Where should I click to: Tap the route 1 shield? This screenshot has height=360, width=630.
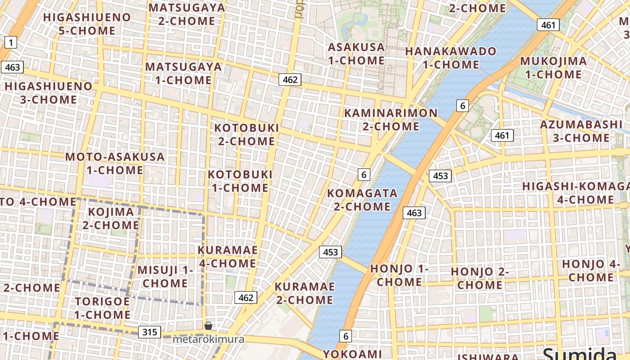pyautogui.click(x=11, y=43)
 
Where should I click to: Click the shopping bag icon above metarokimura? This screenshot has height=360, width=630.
pyautogui.click(x=208, y=325)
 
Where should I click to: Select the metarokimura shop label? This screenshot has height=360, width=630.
pyautogui.click(x=208, y=339)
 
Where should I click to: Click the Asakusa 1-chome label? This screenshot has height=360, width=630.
pyautogui.click(x=356, y=54)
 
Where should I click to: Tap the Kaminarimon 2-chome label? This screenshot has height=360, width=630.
pyautogui.click(x=391, y=120)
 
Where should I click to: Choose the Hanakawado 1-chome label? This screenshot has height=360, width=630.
pyautogui.click(x=450, y=58)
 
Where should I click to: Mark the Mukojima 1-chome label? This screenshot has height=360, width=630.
pyautogui.click(x=553, y=67)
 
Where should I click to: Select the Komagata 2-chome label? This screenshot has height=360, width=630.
pyautogui.click(x=362, y=200)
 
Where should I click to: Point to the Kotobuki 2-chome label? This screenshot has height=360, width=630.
pyautogui.click(x=246, y=134)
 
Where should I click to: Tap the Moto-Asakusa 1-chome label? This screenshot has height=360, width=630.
pyautogui.click(x=115, y=163)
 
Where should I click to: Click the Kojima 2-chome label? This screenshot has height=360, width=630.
pyautogui.click(x=111, y=218)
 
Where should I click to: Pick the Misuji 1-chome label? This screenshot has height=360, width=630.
pyautogui.click(x=165, y=276)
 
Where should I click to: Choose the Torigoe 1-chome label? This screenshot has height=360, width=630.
pyautogui.click(x=102, y=308)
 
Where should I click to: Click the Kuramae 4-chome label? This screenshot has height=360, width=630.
pyautogui.click(x=227, y=256)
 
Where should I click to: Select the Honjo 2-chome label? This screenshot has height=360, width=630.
pyautogui.click(x=480, y=278)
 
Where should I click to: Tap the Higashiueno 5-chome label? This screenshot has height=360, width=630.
pyautogui.click(x=87, y=24)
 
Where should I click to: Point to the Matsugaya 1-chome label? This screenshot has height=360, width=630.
pyautogui.click(x=183, y=73)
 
